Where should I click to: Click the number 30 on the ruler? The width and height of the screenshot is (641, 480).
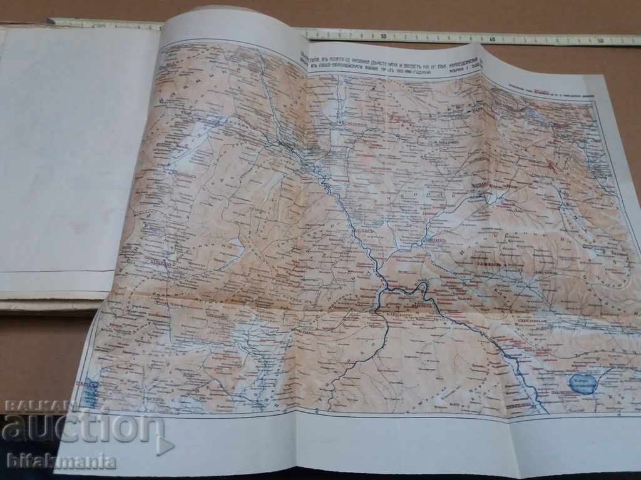(x=382, y=36)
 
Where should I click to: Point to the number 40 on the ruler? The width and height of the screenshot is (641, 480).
(x=493, y=39)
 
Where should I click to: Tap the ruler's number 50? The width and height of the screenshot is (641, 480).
(x=602, y=41)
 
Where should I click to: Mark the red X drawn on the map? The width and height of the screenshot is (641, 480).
(x=551, y=166)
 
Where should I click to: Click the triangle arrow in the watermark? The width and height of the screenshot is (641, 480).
(x=164, y=446)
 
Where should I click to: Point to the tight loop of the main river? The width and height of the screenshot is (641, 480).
(x=421, y=289)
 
